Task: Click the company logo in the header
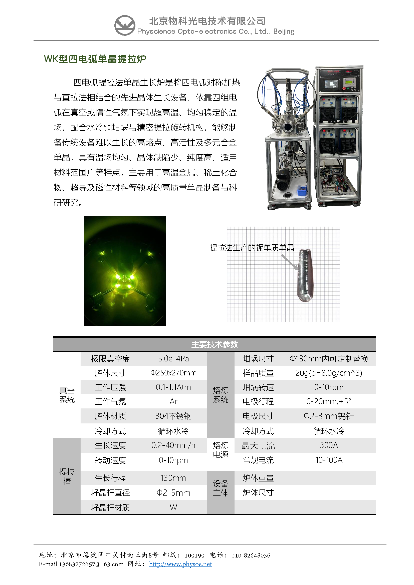pos(125,25)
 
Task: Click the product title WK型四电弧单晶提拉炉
pos(95,59)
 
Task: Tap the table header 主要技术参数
pos(215,344)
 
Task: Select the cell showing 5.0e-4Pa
pos(173,359)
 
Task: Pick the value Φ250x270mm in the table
pos(173,373)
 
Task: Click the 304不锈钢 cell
pos(173,416)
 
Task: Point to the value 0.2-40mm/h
pos(173,445)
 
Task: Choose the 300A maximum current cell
pos(329,445)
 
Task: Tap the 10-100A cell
pos(329,460)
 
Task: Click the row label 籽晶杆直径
pos(110,493)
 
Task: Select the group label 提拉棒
pos(67,476)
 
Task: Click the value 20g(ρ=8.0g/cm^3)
pos(329,373)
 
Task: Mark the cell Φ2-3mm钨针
pos(329,416)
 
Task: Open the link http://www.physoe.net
pos(180,564)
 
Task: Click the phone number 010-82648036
pos(251,555)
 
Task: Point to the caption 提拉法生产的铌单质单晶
pos(252,248)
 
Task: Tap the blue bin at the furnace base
pos(302,191)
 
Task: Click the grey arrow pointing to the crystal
pos(290,262)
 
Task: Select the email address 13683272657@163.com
pos(91,564)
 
